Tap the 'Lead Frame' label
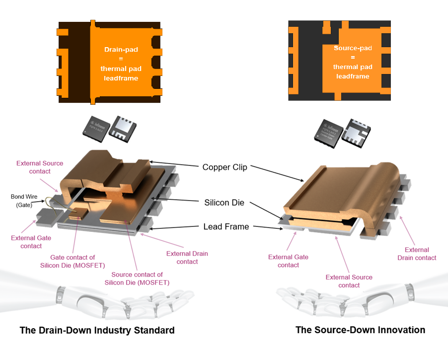tap(226, 226)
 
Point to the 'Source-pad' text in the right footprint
tap(353, 48)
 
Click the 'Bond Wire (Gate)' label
tap(24, 201)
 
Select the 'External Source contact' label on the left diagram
tap(40, 167)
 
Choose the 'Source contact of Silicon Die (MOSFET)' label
tap(137, 279)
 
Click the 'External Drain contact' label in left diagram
tap(187, 257)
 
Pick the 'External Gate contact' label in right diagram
tap(288, 261)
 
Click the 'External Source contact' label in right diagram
tap(349, 281)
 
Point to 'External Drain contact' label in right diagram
tap(417, 253)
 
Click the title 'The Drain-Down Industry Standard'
tap(97, 330)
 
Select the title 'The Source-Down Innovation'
tap(360, 330)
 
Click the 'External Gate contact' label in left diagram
tap(31, 242)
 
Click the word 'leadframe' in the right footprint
tap(353, 76)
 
